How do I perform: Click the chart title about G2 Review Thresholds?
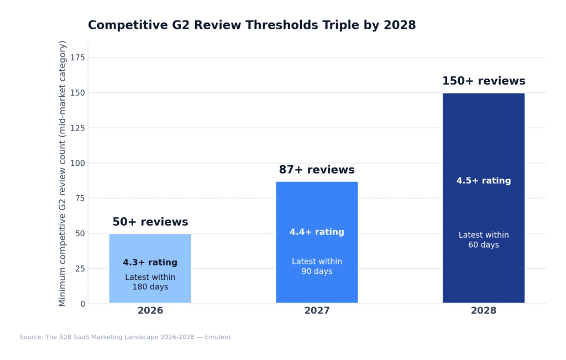coord(251,25)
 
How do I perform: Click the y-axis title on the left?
coord(62,173)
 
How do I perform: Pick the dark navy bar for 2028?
coord(484,138)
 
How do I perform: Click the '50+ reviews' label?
coord(150,222)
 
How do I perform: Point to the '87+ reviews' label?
coord(317,170)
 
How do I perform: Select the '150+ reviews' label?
coord(484,81)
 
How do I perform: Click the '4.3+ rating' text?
coord(150,263)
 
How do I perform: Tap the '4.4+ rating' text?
coord(317,232)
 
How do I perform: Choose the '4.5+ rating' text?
coord(484,181)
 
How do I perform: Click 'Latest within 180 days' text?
coord(150,282)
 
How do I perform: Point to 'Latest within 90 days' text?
coord(317,267)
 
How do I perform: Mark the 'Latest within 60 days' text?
coord(484,240)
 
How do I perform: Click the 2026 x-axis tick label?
coord(150,311)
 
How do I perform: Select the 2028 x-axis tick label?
coord(484,311)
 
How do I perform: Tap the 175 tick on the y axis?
coord(78,58)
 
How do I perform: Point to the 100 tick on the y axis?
coord(78,163)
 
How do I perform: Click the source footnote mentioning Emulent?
coord(125,337)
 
